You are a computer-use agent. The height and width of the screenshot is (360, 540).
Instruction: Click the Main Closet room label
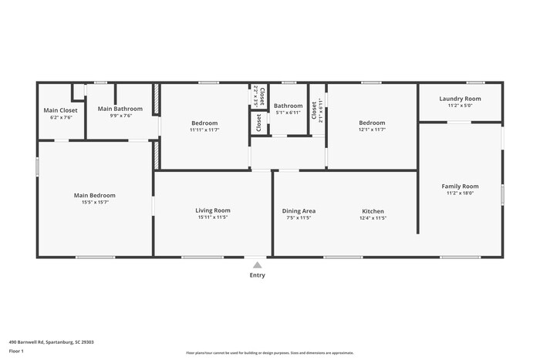pyautogui.click(x=60, y=110)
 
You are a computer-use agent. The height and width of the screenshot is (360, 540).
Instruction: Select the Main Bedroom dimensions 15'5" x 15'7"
pyautogui.click(x=95, y=203)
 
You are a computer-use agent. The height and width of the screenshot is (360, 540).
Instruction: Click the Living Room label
pyautogui.click(x=212, y=210)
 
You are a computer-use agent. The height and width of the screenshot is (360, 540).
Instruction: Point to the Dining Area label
pyautogui.click(x=299, y=210)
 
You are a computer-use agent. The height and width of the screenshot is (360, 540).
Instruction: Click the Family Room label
pyautogui.click(x=460, y=186)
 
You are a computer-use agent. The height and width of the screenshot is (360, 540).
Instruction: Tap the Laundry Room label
pyautogui.click(x=460, y=98)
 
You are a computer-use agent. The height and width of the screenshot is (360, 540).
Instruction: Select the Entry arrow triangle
pyautogui.click(x=257, y=264)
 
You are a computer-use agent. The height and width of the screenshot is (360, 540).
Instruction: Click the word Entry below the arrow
pyautogui.click(x=257, y=275)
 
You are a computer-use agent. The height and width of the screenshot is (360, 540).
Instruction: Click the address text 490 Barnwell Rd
pyautogui.click(x=51, y=341)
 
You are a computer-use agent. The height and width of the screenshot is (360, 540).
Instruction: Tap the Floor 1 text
pyautogui.click(x=16, y=351)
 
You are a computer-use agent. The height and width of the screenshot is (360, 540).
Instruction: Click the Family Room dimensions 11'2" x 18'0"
pyautogui.click(x=460, y=193)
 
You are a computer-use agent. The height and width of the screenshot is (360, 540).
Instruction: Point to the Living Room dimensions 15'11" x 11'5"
pyautogui.click(x=212, y=217)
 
